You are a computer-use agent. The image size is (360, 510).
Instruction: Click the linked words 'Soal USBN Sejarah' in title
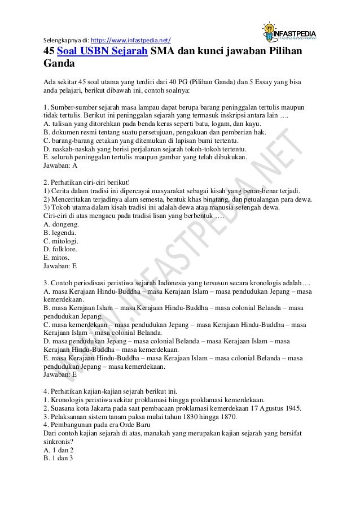pos(102,52)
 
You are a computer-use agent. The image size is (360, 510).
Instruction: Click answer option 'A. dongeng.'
pos(62,223)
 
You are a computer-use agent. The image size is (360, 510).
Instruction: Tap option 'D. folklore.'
pos(61,249)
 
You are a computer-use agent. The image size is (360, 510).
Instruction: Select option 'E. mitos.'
pos(57,256)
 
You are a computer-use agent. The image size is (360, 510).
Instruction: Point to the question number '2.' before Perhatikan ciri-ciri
pos(46,182)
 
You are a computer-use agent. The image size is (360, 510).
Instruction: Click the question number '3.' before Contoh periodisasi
pos(46,282)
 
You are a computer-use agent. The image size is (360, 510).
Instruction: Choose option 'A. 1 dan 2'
pos(58,450)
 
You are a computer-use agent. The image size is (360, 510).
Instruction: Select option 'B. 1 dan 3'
pos(58,459)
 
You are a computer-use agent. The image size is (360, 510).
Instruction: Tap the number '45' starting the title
pos(50,52)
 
